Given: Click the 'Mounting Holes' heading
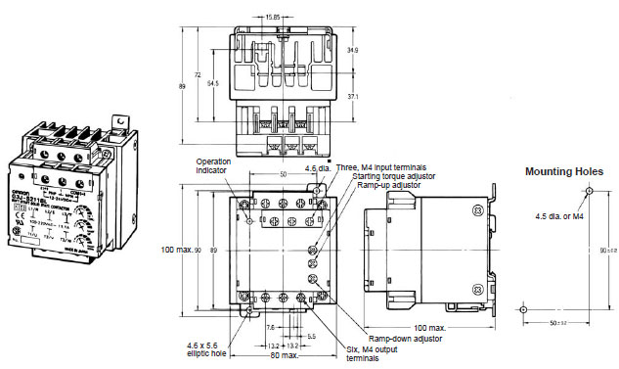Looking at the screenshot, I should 562,171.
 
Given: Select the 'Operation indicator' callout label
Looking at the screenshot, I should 214,165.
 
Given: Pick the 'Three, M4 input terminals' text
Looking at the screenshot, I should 381,167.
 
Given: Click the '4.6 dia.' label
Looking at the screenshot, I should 317,169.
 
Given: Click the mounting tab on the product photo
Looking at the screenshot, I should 119,124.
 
